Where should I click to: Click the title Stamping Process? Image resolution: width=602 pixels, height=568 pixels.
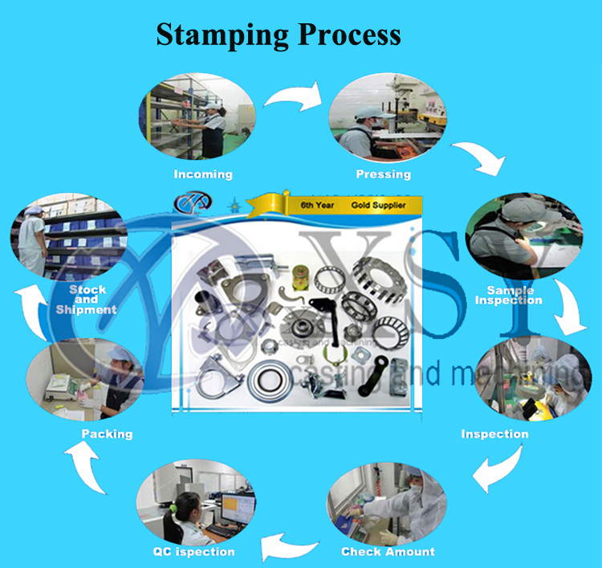[278, 35]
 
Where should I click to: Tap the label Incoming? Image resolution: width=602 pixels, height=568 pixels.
[203, 174]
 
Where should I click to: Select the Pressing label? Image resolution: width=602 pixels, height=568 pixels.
[383, 174]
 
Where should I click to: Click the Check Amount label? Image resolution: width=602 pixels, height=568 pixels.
[388, 551]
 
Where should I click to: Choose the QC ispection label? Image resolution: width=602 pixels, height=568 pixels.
[193, 551]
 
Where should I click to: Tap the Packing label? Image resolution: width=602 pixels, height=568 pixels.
[107, 433]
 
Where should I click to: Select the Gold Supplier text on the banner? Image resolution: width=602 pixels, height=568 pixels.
[378, 206]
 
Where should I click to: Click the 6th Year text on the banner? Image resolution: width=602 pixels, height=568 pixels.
[317, 206]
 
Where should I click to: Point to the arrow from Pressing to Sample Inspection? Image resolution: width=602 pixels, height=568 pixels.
[481, 157]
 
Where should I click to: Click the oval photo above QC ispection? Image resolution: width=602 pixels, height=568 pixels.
[197, 505]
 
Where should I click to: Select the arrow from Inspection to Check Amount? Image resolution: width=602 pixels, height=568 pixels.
[498, 469]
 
